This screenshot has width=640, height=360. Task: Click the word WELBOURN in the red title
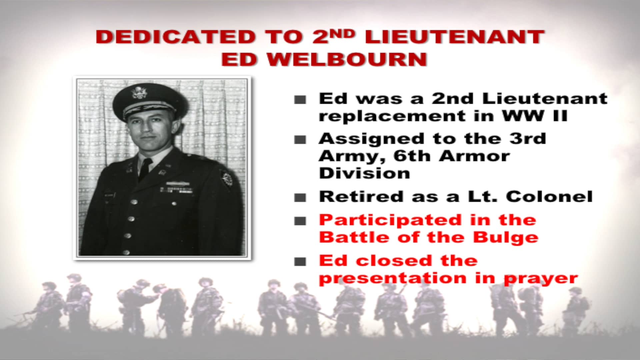[x=347, y=59]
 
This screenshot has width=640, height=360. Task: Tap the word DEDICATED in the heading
[x=175, y=37]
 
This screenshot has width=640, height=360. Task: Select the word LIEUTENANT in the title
[x=455, y=37]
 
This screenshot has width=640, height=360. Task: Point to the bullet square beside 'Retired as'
[x=300, y=197]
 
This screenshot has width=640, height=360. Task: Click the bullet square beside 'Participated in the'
[x=300, y=221]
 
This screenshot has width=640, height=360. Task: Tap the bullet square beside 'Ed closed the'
[x=300, y=261]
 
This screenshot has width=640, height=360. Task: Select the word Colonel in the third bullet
[x=549, y=197]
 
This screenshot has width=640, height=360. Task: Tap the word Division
[x=364, y=173]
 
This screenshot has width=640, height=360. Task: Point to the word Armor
[x=474, y=156]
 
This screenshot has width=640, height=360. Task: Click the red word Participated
[x=390, y=221]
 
